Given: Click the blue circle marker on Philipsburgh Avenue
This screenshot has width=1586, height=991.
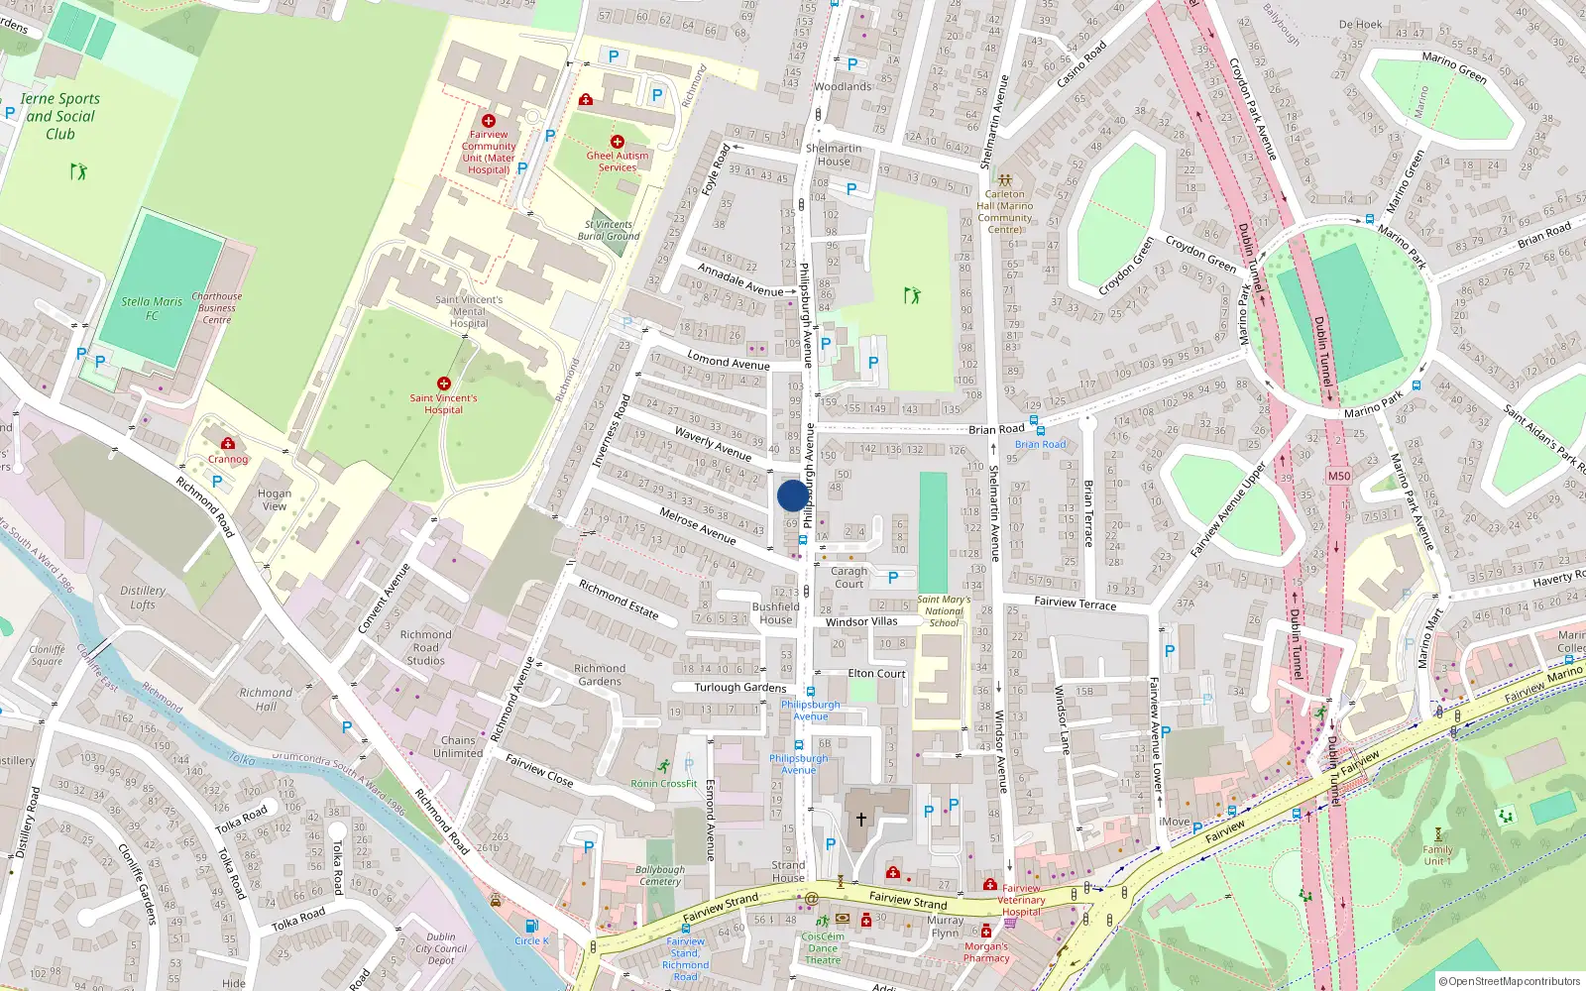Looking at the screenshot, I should point(792,495).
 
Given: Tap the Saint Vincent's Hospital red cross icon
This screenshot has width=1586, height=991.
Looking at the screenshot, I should point(443,383).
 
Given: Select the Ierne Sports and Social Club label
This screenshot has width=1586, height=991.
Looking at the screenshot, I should point(59,116).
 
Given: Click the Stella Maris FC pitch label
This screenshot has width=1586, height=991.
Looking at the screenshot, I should point(152,308).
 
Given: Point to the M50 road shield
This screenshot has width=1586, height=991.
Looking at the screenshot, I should point(1338,476).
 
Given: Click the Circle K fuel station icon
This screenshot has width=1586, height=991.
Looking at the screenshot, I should point(531,926).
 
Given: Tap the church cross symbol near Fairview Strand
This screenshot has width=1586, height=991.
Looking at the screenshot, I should point(860,819).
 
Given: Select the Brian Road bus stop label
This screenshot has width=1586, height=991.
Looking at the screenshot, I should point(1040,444).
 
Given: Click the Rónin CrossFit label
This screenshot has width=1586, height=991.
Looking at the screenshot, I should point(664,783).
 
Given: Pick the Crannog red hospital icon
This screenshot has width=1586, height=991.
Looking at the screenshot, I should point(228,443).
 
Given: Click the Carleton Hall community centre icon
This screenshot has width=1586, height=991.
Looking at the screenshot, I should point(1004,181).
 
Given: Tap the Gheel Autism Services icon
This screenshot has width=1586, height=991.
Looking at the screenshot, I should point(617,142).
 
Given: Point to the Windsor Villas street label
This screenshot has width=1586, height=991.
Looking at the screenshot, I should point(860,621).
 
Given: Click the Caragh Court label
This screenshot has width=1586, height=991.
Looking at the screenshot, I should point(849,577).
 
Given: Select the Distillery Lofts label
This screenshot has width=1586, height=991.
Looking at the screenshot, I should point(143,597).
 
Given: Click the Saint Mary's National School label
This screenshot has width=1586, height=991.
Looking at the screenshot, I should point(943,610).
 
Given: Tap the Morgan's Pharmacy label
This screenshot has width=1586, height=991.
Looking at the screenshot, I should point(986,952).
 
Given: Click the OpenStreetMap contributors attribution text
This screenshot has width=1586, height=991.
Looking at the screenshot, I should point(1510,981).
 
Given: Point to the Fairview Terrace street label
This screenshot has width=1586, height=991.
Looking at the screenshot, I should point(1075,603).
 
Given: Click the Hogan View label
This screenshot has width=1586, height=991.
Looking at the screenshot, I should point(275,499).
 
